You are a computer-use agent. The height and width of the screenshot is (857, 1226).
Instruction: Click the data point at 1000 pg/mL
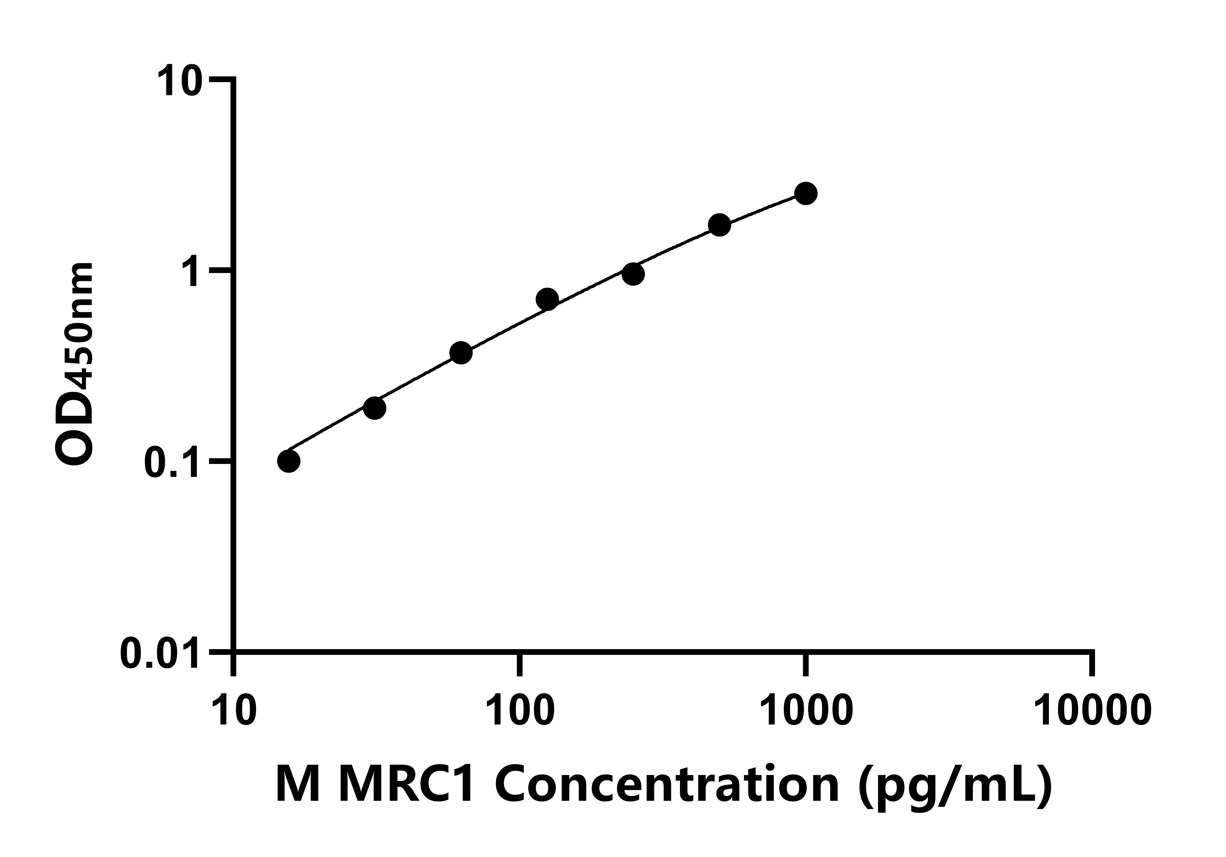[806, 193]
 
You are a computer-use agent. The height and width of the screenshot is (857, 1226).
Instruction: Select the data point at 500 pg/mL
[719, 225]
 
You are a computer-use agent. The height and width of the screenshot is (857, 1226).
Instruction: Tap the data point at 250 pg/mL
[633, 274]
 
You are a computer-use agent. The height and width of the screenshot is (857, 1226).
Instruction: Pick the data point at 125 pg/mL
[547, 299]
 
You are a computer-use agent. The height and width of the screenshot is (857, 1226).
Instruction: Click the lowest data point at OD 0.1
[289, 461]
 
